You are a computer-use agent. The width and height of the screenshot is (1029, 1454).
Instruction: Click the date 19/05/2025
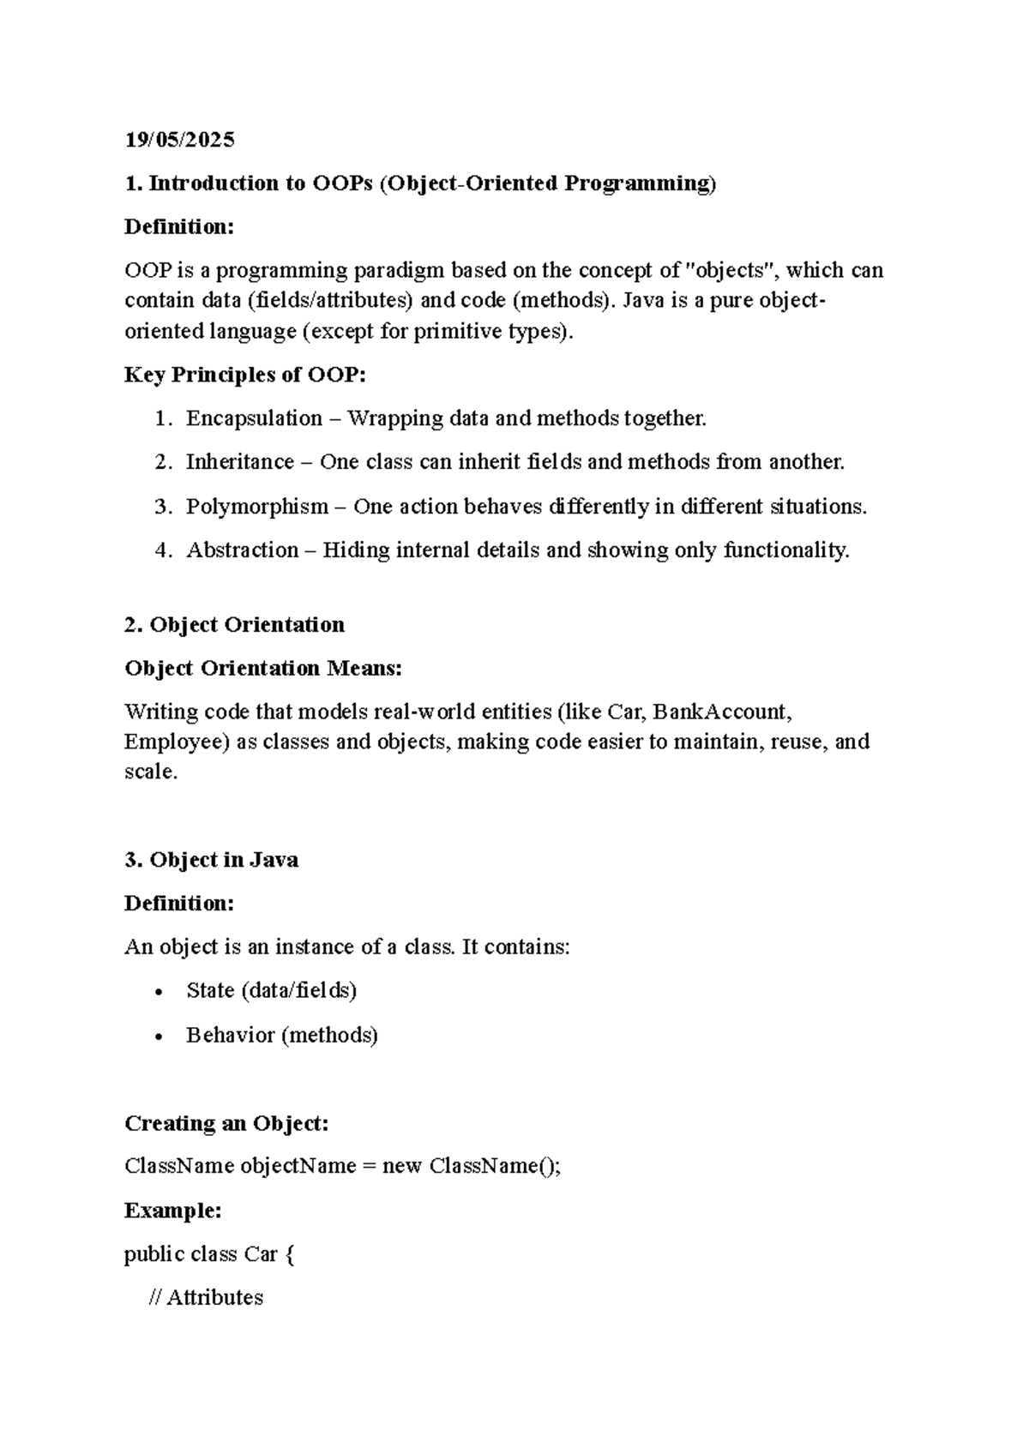(x=179, y=140)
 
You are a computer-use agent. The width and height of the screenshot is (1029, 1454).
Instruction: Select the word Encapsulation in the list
(x=254, y=418)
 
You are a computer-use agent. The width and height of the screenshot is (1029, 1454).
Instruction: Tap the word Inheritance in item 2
(x=239, y=462)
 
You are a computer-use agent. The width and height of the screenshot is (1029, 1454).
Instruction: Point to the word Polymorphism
(x=257, y=507)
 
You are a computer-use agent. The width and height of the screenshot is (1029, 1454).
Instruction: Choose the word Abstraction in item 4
(x=242, y=550)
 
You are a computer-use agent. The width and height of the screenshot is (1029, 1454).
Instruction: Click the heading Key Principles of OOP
(x=244, y=375)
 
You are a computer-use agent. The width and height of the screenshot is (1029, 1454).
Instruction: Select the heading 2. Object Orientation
(x=234, y=625)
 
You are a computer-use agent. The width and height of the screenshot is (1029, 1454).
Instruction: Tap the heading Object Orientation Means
(x=262, y=669)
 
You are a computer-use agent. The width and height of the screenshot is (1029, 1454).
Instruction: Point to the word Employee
(x=177, y=742)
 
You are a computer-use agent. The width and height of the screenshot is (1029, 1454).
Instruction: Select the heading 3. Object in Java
(x=211, y=860)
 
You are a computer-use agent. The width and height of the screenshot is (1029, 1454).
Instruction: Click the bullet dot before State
(x=158, y=993)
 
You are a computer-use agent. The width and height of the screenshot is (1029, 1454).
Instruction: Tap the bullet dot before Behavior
(x=158, y=1037)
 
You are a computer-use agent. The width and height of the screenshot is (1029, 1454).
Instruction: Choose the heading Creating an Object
(x=226, y=1123)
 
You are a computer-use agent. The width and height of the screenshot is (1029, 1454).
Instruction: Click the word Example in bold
(x=172, y=1211)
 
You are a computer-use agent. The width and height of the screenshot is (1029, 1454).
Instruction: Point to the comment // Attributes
(x=206, y=1298)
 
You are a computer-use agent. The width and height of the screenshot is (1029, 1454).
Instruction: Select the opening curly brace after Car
(x=289, y=1255)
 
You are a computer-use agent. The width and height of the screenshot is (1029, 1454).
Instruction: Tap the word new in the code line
(x=401, y=1167)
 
